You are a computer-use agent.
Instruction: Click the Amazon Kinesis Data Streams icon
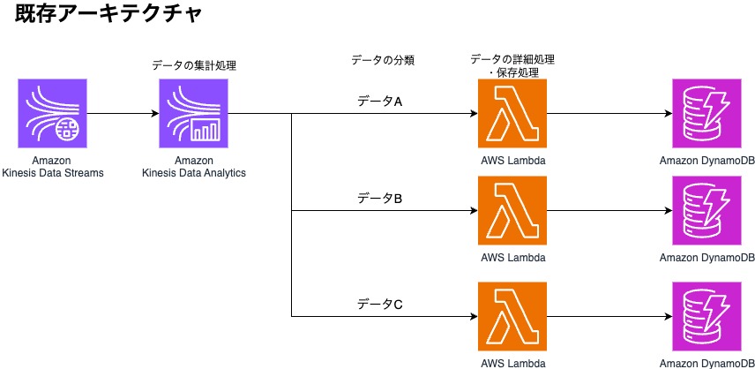(52, 114)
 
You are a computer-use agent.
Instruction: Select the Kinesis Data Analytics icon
(194, 114)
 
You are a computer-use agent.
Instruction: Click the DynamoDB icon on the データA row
(706, 114)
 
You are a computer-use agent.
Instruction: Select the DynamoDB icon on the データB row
(706, 211)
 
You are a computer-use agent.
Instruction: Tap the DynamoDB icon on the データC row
(706, 316)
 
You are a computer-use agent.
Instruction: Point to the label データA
(379, 102)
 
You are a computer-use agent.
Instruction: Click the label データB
(379, 199)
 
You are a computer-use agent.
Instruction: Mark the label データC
(379, 305)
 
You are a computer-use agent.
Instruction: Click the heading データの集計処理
(194, 64)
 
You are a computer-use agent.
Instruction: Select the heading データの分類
(383, 60)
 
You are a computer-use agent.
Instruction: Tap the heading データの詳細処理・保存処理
(512, 64)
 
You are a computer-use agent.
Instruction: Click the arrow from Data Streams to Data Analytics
(123, 114)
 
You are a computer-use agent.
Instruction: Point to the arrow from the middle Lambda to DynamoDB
(609, 211)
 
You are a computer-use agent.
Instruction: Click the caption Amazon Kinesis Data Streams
(52, 166)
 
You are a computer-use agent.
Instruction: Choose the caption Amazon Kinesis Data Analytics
(194, 166)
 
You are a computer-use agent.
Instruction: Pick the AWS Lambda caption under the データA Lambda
(512, 161)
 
